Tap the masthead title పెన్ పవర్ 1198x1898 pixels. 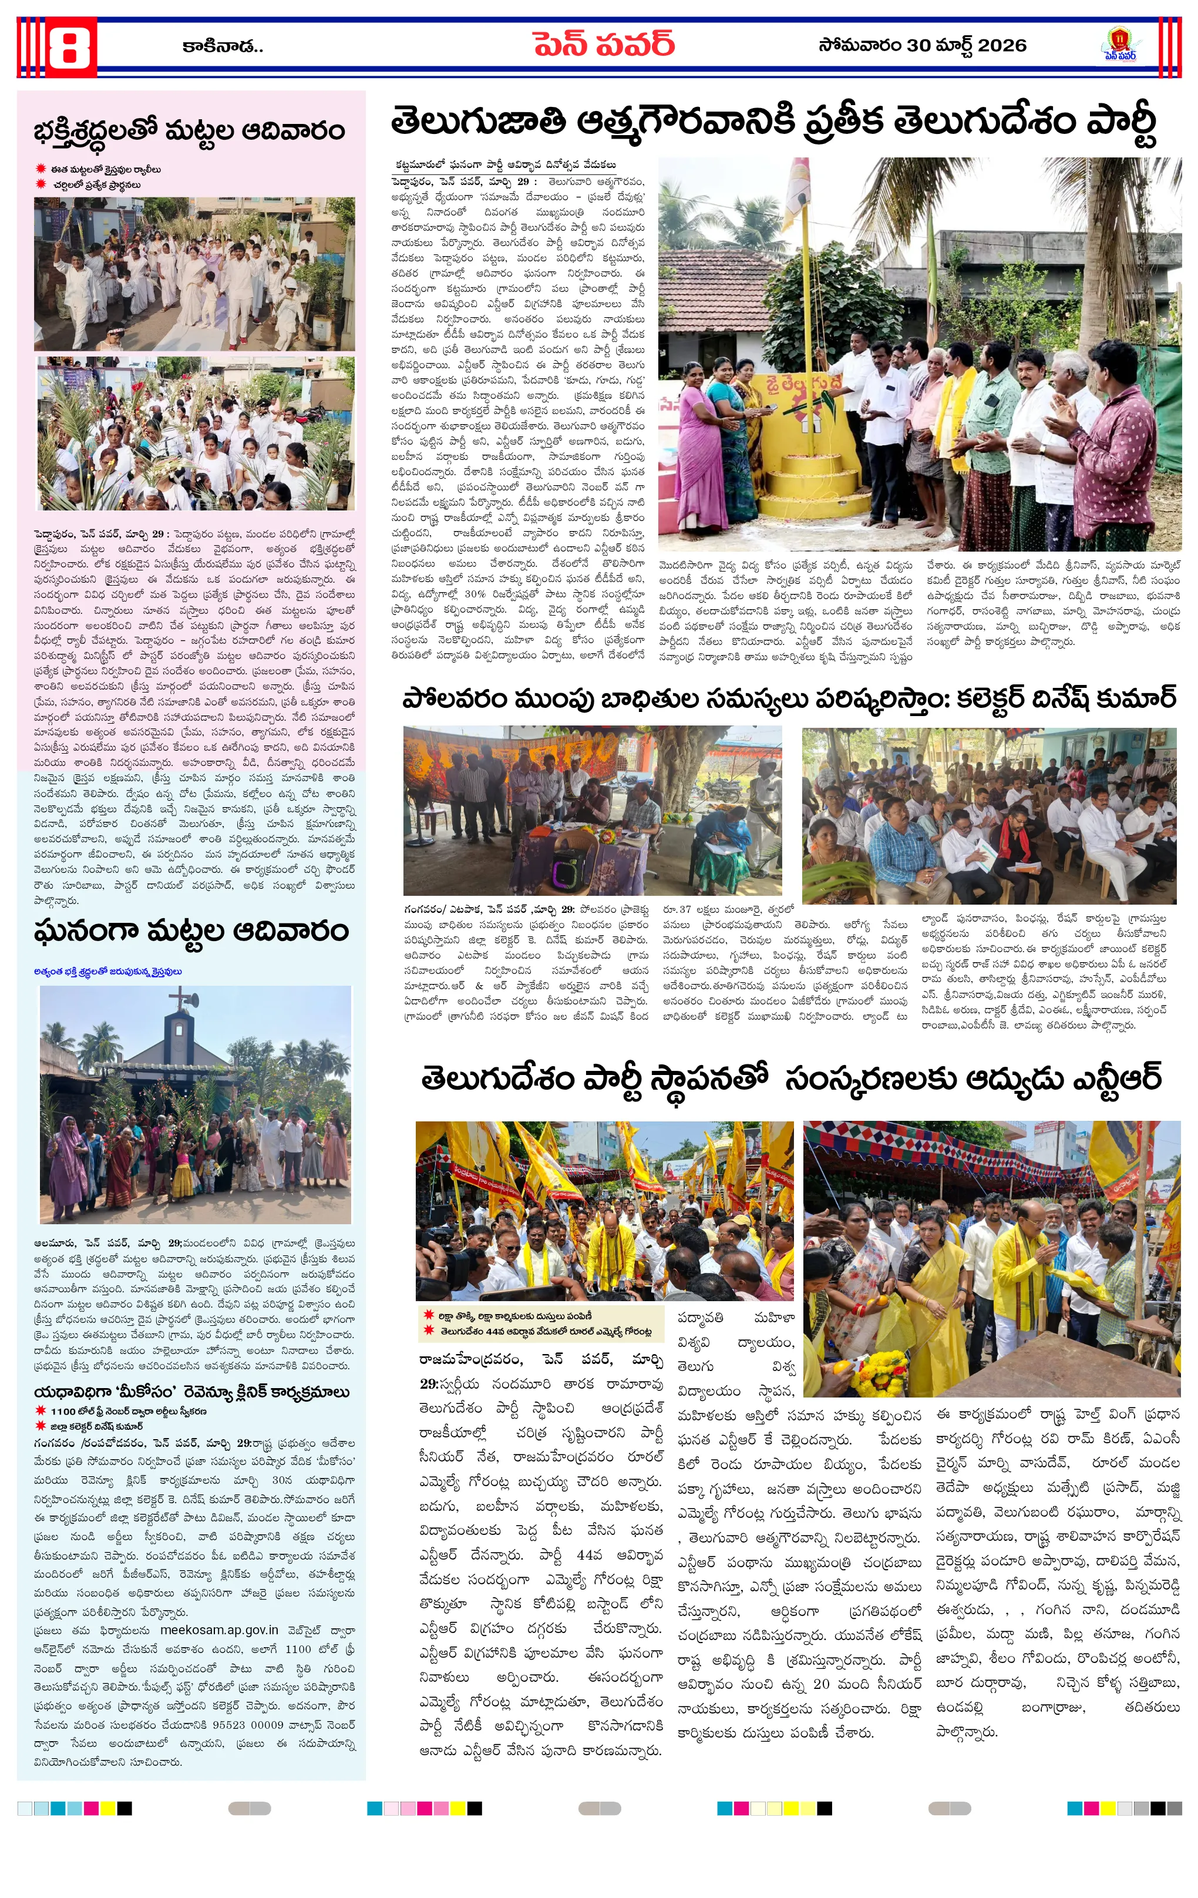(x=603, y=45)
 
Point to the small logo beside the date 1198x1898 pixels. (x=1119, y=45)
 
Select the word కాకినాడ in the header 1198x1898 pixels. (x=221, y=46)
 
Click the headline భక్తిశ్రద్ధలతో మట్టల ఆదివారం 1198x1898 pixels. (x=189, y=130)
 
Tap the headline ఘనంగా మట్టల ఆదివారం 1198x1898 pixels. (x=191, y=931)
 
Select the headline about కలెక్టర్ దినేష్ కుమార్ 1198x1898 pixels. (x=788, y=698)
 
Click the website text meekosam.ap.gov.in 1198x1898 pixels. (x=219, y=1630)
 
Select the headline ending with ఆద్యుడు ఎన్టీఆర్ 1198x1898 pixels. (x=791, y=1079)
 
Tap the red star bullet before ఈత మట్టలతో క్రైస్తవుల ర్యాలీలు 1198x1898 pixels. (x=41, y=169)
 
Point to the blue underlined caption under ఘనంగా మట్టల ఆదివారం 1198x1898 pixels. (x=108, y=971)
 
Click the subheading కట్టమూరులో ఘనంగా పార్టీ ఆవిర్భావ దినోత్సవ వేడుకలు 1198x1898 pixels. (x=505, y=164)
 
